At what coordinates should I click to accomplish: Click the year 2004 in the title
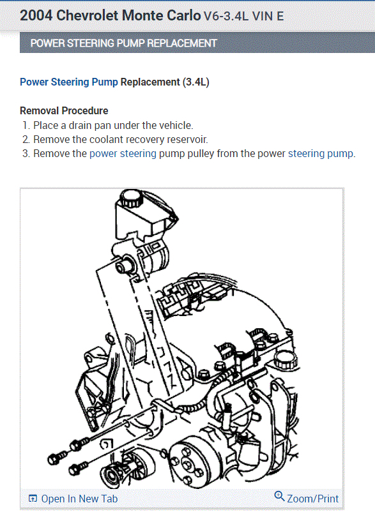[35, 16]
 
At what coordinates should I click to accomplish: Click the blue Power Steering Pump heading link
[69, 82]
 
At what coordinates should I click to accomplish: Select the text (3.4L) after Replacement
[196, 82]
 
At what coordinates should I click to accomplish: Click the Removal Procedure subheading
[64, 110]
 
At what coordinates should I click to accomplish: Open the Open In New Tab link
[79, 499]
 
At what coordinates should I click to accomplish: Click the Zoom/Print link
[312, 499]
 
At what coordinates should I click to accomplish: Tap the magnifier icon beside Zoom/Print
[279, 496]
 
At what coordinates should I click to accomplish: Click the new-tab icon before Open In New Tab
[33, 499]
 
